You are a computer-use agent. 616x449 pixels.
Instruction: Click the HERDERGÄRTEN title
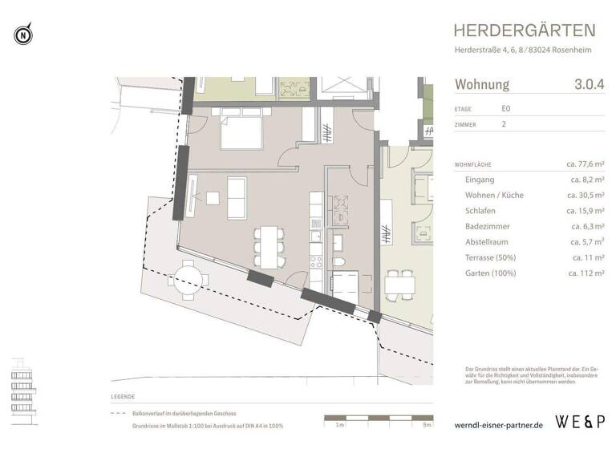coord(525,31)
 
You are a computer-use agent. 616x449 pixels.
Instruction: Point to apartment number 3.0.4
coord(589,84)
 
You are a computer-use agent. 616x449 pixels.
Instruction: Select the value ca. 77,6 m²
coord(585,164)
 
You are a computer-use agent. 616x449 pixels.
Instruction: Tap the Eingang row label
coord(480,180)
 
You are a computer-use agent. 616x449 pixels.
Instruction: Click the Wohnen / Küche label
coord(494,195)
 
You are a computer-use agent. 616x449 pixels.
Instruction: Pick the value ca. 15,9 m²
coord(586,211)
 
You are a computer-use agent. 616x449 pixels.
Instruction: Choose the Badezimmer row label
coord(488,226)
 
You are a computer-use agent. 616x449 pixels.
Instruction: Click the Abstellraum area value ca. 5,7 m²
coord(587,241)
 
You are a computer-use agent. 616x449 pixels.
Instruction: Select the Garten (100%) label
coord(492,273)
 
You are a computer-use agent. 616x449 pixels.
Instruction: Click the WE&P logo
coord(582,420)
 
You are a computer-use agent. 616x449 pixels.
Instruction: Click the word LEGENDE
coord(124,397)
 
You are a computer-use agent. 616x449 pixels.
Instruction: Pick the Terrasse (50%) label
coord(492,257)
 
